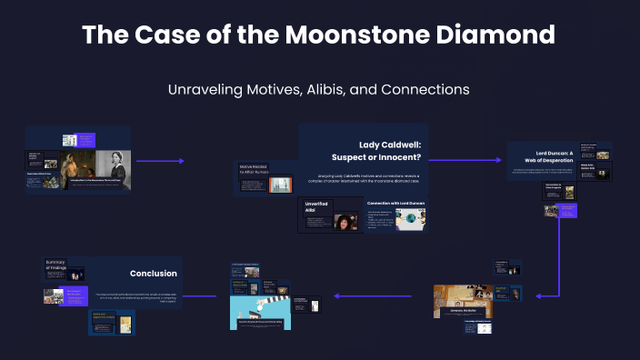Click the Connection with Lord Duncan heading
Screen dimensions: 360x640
[395, 203]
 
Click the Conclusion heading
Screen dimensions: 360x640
[153, 273]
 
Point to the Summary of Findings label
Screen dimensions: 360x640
[55, 265]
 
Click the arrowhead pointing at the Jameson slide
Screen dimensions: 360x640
[540, 295]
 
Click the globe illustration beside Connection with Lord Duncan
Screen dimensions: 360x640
[410, 218]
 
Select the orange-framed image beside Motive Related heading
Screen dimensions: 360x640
[283, 185]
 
